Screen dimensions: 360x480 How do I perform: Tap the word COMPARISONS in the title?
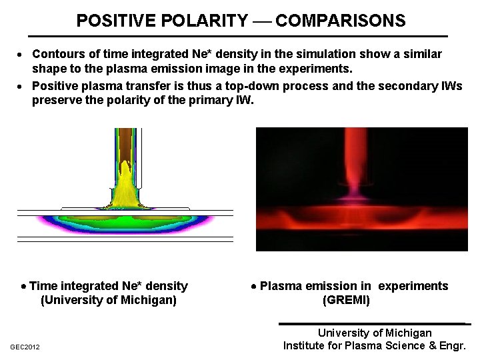[x=340, y=21]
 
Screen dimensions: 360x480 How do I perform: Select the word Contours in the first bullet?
[x=58, y=53]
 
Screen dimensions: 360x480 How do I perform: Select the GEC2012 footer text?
[x=25, y=347]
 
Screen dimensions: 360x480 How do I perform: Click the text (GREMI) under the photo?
[x=345, y=301]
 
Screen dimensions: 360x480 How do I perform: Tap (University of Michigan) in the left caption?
[x=109, y=301]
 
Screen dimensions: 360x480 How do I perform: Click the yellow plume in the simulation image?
[x=125, y=183]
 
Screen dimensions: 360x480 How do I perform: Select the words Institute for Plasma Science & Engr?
[x=374, y=346]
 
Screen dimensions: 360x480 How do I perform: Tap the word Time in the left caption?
[x=43, y=287]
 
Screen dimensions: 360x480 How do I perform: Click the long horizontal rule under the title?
[x=238, y=36]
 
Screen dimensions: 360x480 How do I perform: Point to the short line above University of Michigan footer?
[x=374, y=324]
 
